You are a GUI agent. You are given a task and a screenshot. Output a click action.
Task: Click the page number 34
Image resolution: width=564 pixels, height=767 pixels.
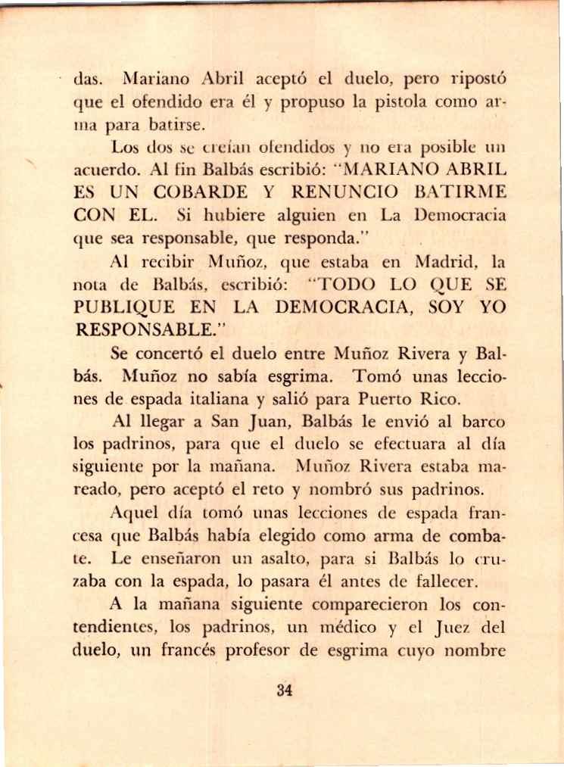tap(284, 690)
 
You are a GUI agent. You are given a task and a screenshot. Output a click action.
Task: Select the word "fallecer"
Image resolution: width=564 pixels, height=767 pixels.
tap(463, 582)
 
